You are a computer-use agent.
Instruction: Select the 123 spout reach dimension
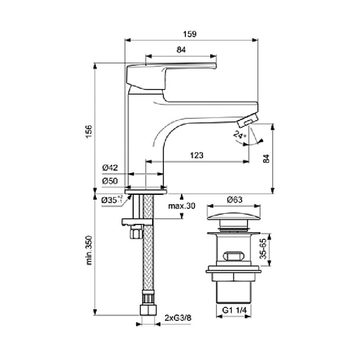[x=197, y=155]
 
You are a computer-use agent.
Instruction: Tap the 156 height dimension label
[x=88, y=131]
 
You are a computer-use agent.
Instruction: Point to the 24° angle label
[x=239, y=137]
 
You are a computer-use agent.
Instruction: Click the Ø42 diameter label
[x=110, y=168]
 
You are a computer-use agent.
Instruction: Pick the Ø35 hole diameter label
[x=111, y=200]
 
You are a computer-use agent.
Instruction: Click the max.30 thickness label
[x=181, y=207]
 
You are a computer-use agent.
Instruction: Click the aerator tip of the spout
[x=246, y=121]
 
